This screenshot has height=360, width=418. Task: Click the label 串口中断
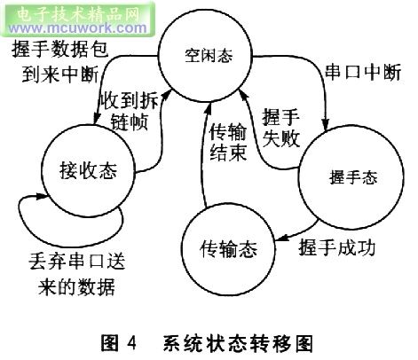[363, 73]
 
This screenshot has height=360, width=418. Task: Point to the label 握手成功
[337, 247]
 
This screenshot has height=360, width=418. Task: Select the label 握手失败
[281, 128]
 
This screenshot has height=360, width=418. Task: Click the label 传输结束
[228, 142]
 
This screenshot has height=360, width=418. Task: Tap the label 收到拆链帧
[130, 112]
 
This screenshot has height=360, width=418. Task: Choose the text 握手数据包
[60, 49]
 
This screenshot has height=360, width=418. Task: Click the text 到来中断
[59, 74]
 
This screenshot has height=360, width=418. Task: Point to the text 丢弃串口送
[77, 262]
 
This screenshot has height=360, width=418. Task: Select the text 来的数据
[76, 286]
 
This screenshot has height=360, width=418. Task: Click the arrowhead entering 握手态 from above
[326, 125]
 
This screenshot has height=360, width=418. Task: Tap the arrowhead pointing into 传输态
[280, 238]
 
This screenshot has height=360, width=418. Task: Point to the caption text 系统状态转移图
[238, 343]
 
